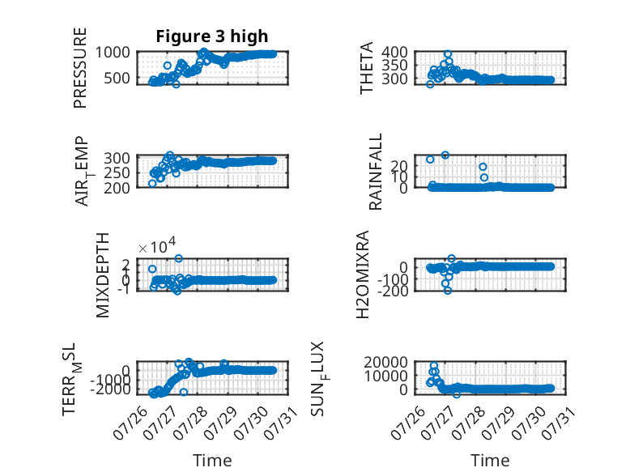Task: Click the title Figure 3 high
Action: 211,36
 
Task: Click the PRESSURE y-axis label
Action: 80,68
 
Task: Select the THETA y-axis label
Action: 367,68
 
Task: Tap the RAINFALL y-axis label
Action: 375,172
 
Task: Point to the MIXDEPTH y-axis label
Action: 103,275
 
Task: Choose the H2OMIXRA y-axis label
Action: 363,274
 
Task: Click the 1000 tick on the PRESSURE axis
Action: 113,53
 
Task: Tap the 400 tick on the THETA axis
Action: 394,52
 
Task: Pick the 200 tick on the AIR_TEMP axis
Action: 117,188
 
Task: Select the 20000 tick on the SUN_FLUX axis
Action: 386,363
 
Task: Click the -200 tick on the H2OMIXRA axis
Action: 393,291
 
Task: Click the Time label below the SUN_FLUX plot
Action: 490,460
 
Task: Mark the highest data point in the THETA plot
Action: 448,54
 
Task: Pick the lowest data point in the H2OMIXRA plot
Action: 448,291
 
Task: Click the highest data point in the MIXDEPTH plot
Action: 179,258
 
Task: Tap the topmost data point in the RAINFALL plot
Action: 445,155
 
